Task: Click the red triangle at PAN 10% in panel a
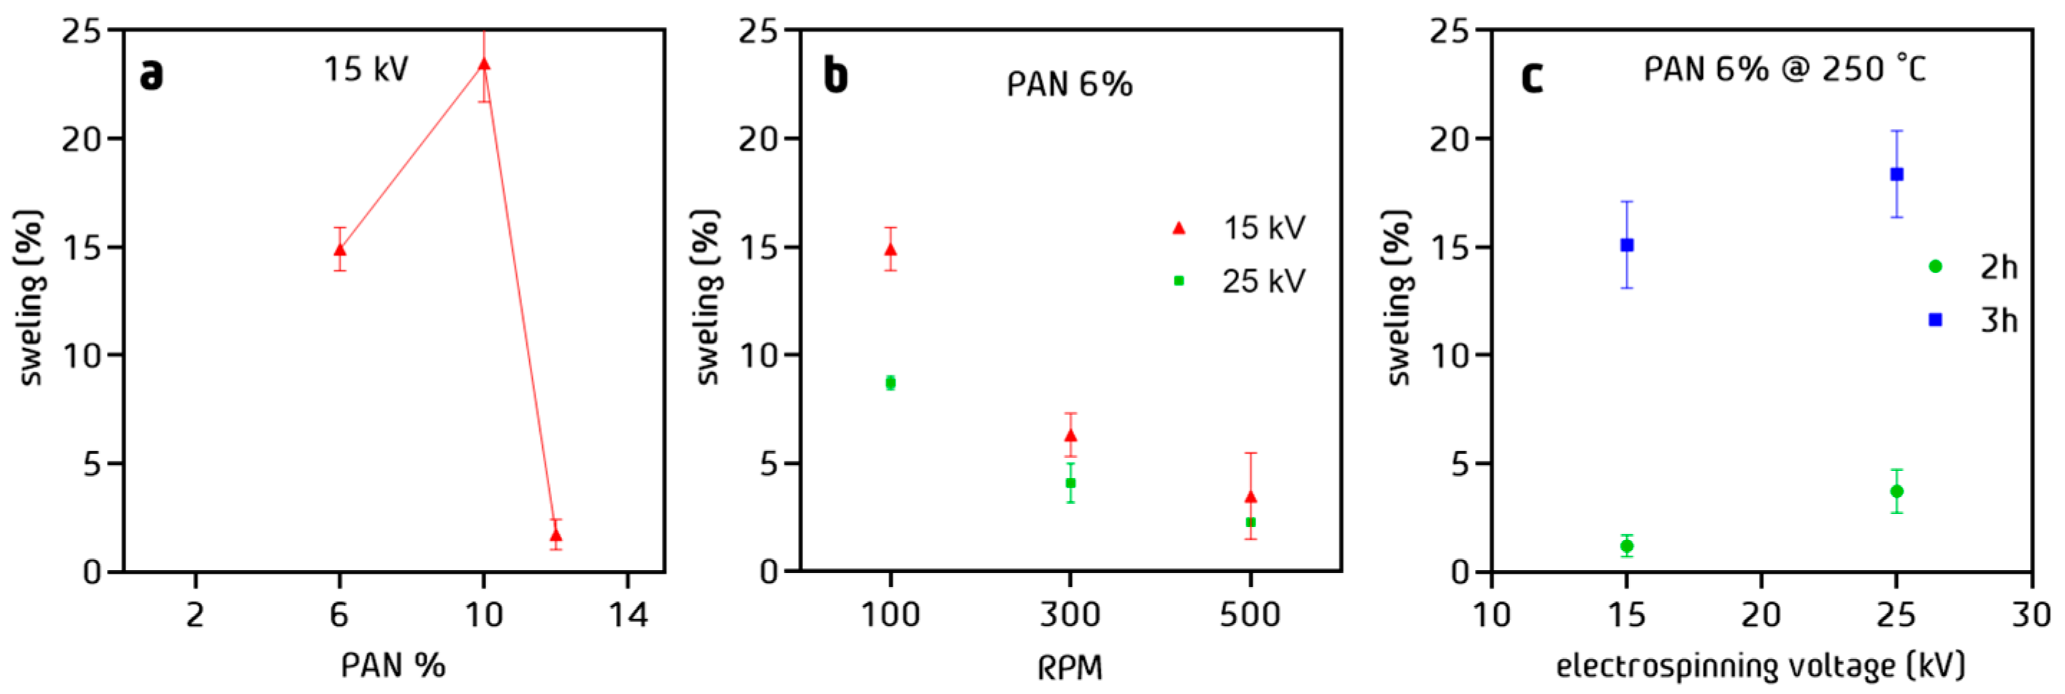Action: point(483,64)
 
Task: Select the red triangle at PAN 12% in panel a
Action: point(556,535)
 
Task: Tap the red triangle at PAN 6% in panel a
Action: point(340,249)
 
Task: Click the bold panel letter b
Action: point(835,76)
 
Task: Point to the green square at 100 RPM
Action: point(890,383)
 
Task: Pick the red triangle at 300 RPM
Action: point(1071,435)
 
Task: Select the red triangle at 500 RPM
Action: point(1250,497)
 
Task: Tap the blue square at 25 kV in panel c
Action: point(1897,174)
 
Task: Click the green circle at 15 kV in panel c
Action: point(1626,546)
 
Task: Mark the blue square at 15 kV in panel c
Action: point(1626,245)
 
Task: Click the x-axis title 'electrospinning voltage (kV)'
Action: point(1760,666)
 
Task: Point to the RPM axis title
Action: point(1071,667)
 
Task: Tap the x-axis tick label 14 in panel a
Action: point(627,615)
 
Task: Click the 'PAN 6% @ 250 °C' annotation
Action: point(1785,70)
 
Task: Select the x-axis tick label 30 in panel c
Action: point(2031,615)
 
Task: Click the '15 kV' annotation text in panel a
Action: point(366,70)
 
